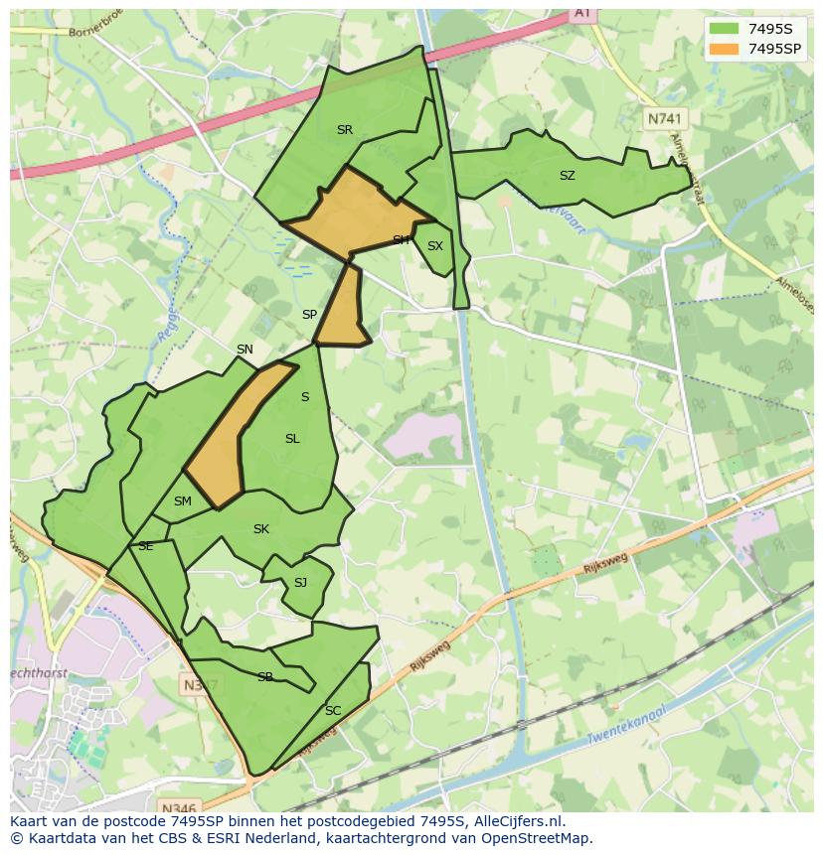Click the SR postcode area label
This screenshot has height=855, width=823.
point(345,130)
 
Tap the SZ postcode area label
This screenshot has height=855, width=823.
point(567,176)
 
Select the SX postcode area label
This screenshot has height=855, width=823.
point(434,246)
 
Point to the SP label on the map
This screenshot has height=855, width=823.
point(309,315)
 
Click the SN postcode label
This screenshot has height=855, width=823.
point(245,350)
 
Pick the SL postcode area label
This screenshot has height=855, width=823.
point(292,439)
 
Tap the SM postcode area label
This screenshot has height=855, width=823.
point(182,501)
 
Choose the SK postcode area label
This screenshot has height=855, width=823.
point(260,529)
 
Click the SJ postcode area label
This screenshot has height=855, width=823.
point(300,583)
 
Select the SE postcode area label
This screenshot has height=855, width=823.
point(145,546)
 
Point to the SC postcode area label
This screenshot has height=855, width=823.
point(333,711)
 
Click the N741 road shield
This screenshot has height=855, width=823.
point(665,118)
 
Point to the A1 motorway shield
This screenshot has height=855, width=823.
point(581,13)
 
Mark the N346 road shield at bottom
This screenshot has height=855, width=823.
point(178,807)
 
